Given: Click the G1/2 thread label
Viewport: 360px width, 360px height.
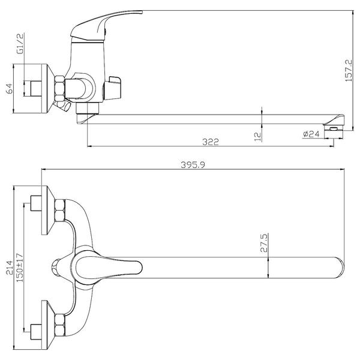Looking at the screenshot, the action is tap(20, 44).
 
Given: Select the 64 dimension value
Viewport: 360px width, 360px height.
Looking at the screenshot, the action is tap(10, 89).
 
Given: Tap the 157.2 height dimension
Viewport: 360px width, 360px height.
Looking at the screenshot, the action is tap(348, 70).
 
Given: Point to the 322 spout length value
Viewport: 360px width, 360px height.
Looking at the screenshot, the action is tap(211, 142).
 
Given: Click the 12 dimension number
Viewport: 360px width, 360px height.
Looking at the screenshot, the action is tap(258, 136).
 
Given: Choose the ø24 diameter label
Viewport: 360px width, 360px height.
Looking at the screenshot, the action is tap(311, 134).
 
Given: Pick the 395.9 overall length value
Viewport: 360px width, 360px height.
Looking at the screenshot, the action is tap(193, 164).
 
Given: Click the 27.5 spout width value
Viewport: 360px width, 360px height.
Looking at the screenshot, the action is tap(264, 243).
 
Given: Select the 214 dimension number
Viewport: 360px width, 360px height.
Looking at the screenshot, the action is tap(10, 268).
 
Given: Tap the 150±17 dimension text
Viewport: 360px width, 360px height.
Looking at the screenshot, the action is tap(20, 268).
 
